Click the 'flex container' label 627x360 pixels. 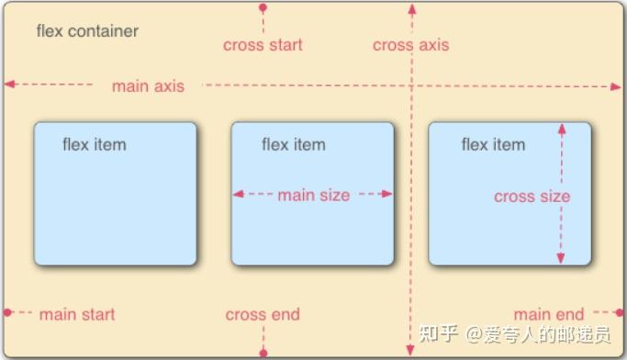(87, 31)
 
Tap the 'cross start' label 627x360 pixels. (263, 45)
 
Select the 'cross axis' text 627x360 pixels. (411, 45)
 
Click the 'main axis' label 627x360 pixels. (148, 86)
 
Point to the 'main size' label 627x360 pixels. (313, 195)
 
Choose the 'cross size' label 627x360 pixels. (532, 197)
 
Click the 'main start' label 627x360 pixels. (77, 314)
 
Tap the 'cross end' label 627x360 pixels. (263, 314)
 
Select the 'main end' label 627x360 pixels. (549, 314)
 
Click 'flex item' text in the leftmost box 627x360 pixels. (95, 144)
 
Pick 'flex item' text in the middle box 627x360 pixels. (294, 144)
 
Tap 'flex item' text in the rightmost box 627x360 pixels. (493, 144)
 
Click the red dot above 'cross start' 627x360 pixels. (263, 7)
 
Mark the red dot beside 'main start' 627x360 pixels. (7, 313)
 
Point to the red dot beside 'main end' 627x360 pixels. (620, 313)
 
